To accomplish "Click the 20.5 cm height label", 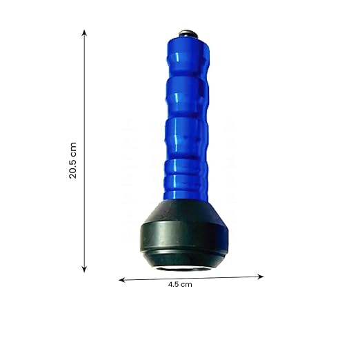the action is (x=72, y=160).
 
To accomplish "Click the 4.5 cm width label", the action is (x=180, y=285).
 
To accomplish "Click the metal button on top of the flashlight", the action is (x=188, y=34).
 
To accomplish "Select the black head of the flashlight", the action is (x=184, y=234).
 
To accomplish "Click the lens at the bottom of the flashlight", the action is (x=183, y=268).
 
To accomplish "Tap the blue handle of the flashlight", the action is (x=187, y=119).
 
